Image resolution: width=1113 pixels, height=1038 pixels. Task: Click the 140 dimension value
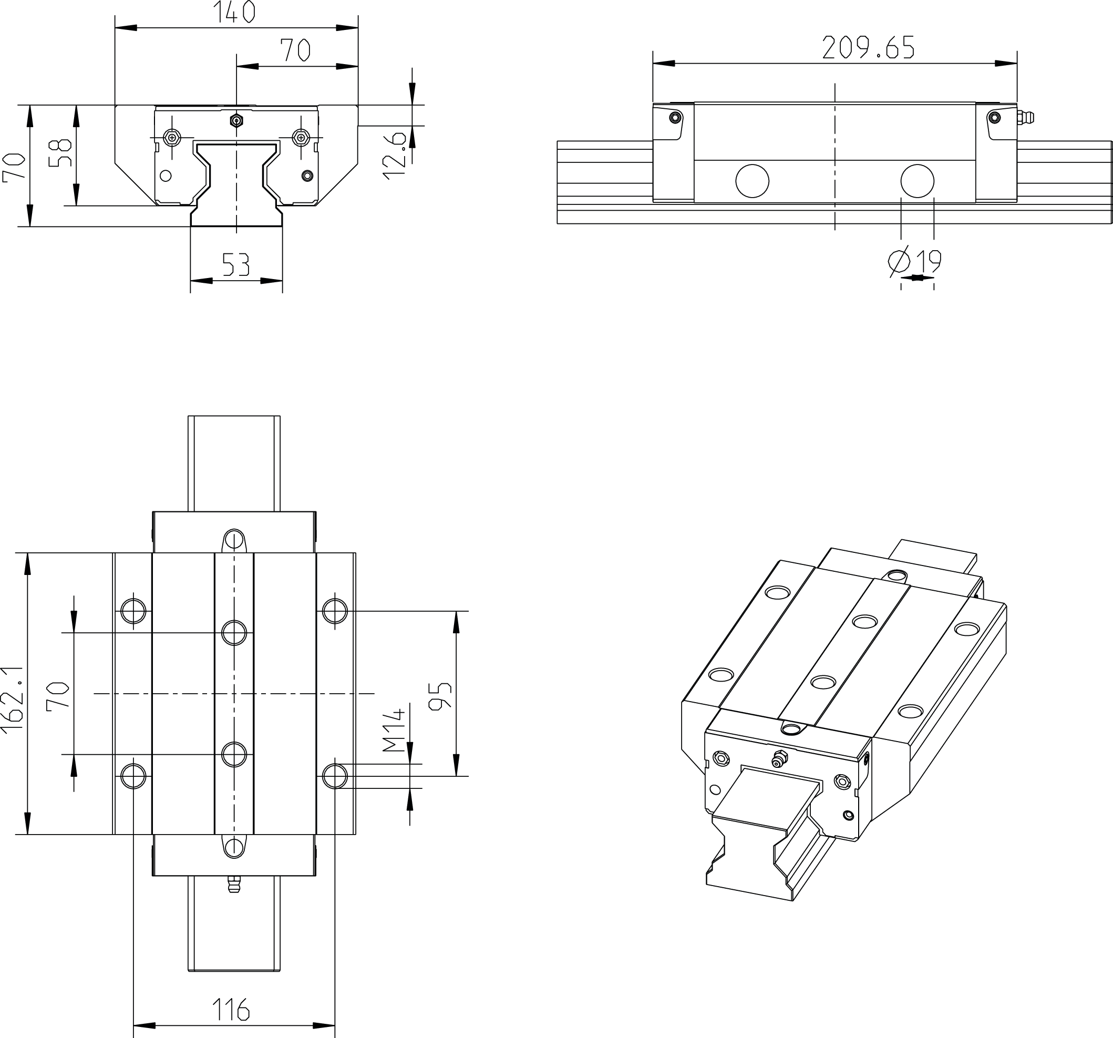coord(234,12)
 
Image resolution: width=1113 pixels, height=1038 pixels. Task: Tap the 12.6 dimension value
coord(395,156)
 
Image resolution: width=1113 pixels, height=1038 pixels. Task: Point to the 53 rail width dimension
coord(236,264)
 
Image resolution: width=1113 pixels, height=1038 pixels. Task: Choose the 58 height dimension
coord(60,153)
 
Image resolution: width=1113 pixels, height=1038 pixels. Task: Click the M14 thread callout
coord(393,730)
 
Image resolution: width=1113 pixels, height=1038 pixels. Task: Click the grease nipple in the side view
coord(1026,118)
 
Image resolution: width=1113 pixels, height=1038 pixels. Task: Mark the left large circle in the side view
coord(752,181)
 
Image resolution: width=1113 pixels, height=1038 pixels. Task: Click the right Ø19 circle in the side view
coord(917,181)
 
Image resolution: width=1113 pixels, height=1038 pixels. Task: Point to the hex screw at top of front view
coord(236,120)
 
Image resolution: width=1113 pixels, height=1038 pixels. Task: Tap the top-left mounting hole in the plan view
coord(133,610)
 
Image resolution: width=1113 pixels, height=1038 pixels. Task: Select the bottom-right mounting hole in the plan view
coord(335,776)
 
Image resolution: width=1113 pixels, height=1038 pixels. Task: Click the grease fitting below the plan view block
coord(234,885)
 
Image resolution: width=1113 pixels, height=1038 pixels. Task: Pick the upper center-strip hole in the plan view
coord(234,633)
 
